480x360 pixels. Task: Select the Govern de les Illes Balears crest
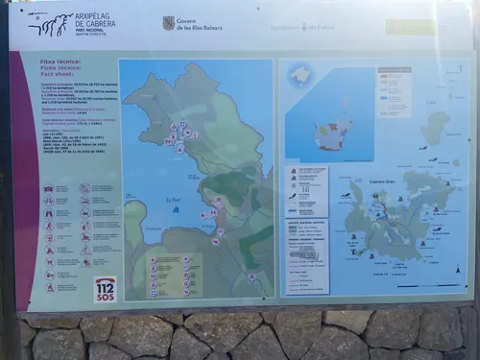pyautogui.click(x=169, y=23)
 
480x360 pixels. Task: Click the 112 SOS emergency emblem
pyautogui.click(x=106, y=288)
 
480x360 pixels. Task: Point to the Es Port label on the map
pyautogui.click(x=173, y=199)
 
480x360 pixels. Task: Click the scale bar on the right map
pyautogui.click(x=418, y=285)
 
